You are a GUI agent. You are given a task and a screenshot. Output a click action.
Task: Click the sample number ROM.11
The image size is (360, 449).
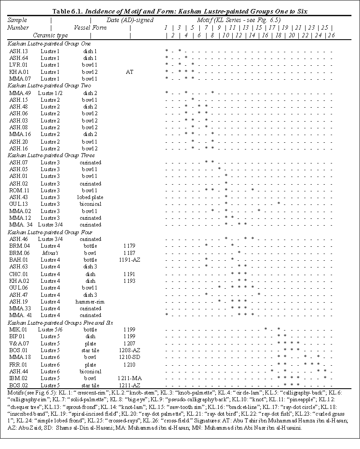click(18, 190)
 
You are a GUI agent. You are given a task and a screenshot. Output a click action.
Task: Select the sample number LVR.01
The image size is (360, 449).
click(17, 64)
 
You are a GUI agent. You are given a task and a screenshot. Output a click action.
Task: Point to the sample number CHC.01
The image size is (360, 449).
click(18, 273)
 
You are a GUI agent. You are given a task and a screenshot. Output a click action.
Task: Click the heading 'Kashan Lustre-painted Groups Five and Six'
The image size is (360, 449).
click(60, 322)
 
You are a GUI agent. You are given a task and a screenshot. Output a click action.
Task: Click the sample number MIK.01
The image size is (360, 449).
click(18, 329)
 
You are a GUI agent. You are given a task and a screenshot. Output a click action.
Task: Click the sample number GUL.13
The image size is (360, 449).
click(17, 204)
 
